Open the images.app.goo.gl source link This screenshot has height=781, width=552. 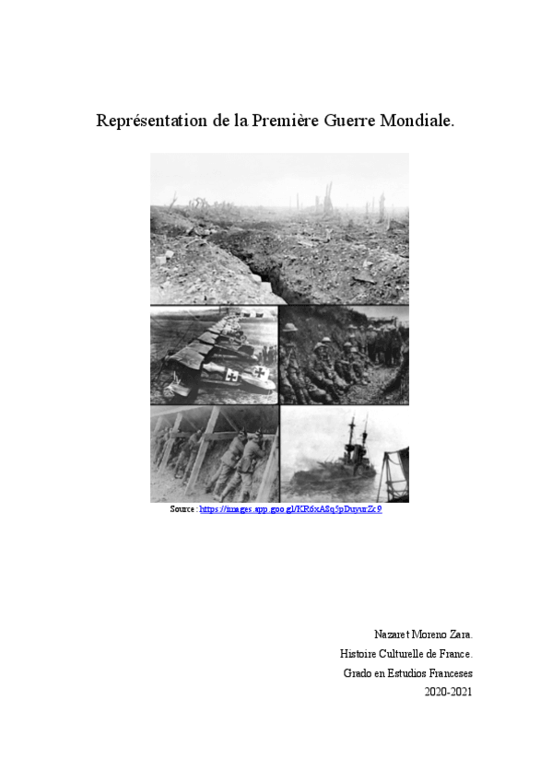coord(290,509)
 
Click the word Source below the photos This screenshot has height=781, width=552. coord(182,509)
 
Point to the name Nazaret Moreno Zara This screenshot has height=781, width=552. coord(423,635)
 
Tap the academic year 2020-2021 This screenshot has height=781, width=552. coord(448,692)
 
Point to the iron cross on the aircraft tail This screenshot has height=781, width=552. coord(260,374)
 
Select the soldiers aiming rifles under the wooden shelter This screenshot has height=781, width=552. coord(230,456)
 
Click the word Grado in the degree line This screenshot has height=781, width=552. coord(357,673)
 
